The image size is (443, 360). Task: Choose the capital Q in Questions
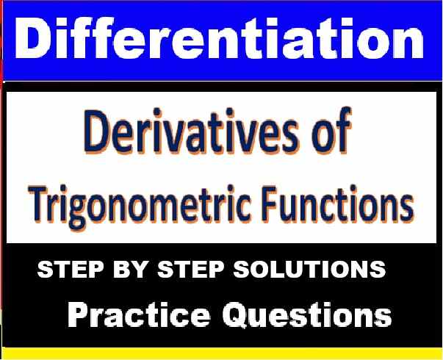(226, 315)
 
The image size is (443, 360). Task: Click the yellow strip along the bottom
(220, 354)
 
